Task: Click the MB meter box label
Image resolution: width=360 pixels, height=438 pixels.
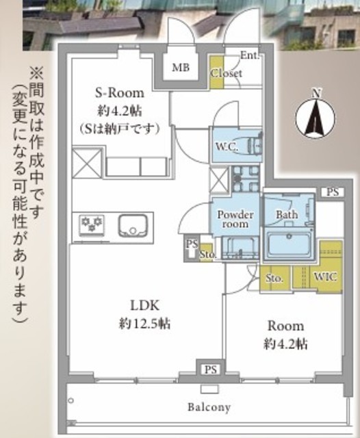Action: click(x=181, y=67)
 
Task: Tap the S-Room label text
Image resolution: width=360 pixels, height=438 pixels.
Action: click(x=120, y=93)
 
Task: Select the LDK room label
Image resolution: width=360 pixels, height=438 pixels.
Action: click(x=145, y=306)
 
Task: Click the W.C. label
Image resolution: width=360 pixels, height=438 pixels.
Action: click(x=227, y=146)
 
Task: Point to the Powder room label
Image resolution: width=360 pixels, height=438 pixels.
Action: click(x=235, y=219)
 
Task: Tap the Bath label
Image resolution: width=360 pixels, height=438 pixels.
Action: click(x=287, y=214)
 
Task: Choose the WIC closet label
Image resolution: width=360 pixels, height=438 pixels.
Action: click(x=325, y=277)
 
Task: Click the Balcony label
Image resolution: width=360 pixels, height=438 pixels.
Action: click(x=209, y=407)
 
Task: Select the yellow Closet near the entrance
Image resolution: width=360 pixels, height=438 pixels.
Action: click(x=217, y=73)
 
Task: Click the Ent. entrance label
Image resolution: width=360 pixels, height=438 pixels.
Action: click(x=250, y=55)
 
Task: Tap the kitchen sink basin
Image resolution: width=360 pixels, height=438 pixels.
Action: click(x=132, y=226)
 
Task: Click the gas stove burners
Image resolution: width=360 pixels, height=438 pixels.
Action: click(x=92, y=224)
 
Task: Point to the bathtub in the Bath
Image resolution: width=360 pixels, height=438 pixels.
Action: click(x=289, y=244)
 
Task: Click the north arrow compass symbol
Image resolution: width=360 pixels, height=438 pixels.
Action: click(x=316, y=117)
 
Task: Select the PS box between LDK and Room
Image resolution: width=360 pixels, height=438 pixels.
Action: click(x=211, y=370)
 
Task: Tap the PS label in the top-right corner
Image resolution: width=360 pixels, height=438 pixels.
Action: click(x=333, y=192)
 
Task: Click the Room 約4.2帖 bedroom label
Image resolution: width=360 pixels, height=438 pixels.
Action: click(x=285, y=335)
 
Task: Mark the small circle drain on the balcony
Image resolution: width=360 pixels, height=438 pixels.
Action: click(x=71, y=401)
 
